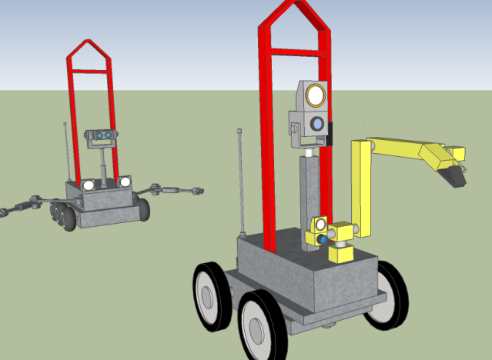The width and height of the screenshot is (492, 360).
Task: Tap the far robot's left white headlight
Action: point(89,185)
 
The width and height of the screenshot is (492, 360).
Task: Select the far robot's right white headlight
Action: point(125,182)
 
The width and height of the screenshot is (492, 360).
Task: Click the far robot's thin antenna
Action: point(68,150)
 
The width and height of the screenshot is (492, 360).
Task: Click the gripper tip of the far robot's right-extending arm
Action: point(199,190)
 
